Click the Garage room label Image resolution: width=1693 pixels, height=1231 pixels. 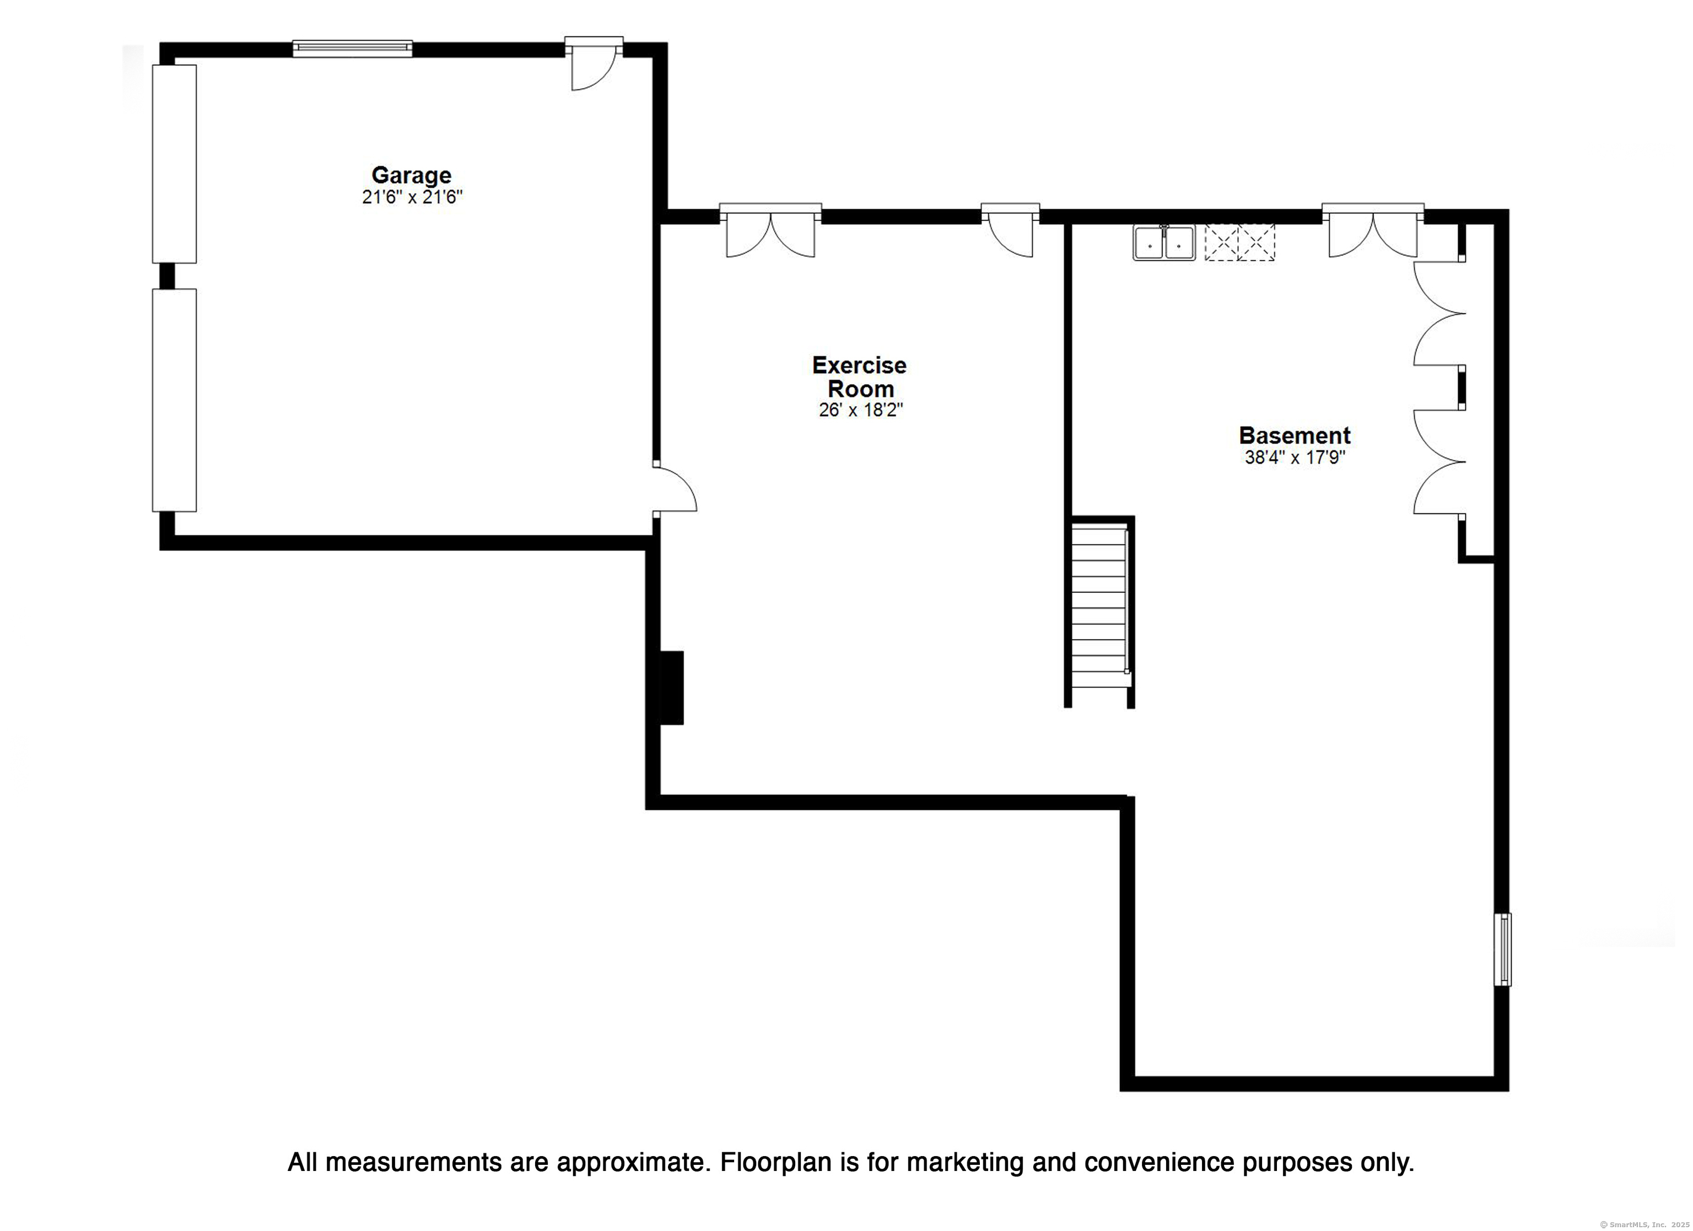411,175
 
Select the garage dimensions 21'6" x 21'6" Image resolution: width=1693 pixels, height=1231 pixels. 412,197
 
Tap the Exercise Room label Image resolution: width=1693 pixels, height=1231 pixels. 859,376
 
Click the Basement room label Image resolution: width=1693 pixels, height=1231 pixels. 1295,435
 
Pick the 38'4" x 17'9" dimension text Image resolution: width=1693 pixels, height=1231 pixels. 1295,457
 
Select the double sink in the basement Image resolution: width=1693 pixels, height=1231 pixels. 1164,242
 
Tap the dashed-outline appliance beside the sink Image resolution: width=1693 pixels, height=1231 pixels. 1240,242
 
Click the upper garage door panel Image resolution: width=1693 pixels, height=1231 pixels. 174,164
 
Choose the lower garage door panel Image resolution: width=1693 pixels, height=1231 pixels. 174,400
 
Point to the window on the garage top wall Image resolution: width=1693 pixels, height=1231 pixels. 352,48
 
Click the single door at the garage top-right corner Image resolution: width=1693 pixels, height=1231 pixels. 594,66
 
